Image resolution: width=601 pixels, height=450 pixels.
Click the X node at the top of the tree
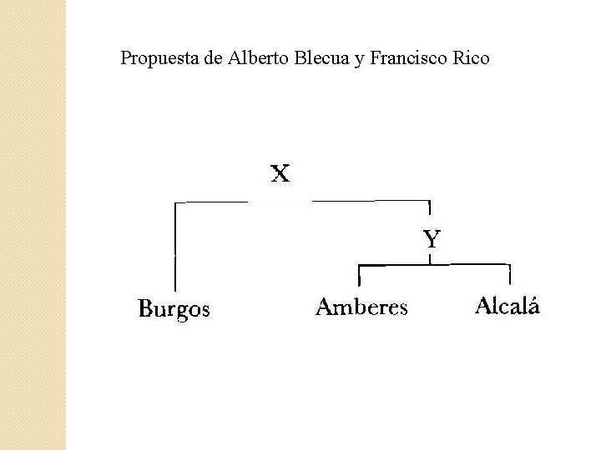tap(280, 174)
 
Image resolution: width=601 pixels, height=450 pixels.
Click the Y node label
tap(431, 240)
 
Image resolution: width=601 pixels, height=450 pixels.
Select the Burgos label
tap(174, 309)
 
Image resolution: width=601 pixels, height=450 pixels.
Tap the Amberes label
tap(361, 307)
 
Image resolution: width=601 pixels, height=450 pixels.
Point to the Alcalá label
tap(508, 306)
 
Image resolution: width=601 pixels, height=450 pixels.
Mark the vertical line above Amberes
tap(359, 275)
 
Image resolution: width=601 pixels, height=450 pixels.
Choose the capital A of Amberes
tap(325, 307)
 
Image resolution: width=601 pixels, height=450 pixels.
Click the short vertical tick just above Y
tap(429, 207)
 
